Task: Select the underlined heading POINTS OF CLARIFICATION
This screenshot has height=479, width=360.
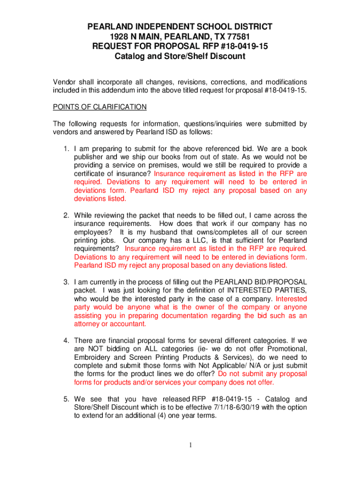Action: [x=100, y=107]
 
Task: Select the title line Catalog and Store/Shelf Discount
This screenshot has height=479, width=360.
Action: [x=180, y=56]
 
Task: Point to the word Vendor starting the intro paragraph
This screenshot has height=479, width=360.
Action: [x=64, y=82]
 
